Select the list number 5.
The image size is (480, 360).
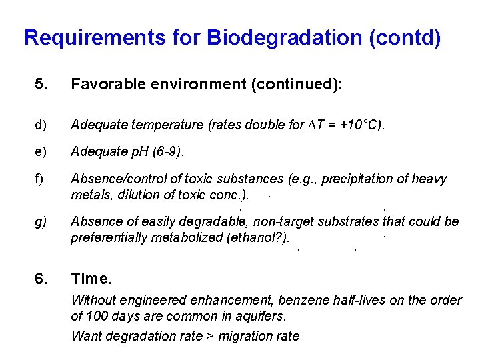[x=41, y=85]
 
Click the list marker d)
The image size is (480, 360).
[x=41, y=124]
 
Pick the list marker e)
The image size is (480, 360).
[x=41, y=151]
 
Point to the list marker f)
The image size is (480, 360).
[x=40, y=179]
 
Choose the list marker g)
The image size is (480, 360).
[x=41, y=221]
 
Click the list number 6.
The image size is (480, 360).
[x=41, y=278]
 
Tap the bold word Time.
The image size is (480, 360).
[x=91, y=278]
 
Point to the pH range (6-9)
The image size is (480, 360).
[x=165, y=151]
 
